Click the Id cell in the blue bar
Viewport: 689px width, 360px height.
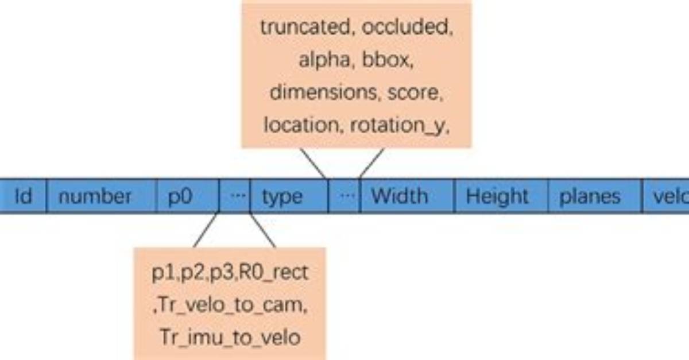pos(23,196)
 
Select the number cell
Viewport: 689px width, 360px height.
pos(102,196)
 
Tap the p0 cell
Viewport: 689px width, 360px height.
pos(188,196)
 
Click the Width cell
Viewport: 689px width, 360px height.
pos(407,196)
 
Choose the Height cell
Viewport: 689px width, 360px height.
pos(501,196)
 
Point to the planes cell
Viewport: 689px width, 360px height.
pos(595,196)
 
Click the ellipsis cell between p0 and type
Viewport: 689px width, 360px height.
pos(235,196)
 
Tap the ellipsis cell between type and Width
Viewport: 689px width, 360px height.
pos(344,196)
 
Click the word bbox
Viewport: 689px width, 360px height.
pos(388,60)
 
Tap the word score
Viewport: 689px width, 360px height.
pos(415,93)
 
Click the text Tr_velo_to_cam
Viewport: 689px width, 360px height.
pos(233,305)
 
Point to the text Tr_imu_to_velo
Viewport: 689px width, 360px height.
pos(230,338)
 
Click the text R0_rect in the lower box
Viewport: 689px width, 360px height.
pos(273,273)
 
